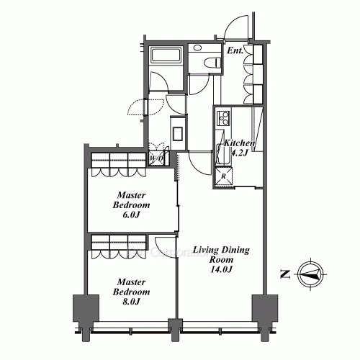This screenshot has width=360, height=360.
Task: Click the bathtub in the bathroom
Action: coord(166,55)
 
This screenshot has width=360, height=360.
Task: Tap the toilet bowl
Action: coord(212,63)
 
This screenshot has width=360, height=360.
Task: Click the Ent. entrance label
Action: coord(235,50)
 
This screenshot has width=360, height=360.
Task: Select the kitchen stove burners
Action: coord(223,118)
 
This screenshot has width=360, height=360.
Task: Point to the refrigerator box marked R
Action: coord(224,176)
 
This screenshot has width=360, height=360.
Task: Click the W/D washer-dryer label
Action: coord(157,158)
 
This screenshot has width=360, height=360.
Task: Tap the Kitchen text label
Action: coord(239,143)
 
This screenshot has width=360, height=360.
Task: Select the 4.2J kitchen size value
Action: coord(239,153)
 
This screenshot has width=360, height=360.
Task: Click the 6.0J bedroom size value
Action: coord(131,215)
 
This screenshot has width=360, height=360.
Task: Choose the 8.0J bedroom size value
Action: coord(131,302)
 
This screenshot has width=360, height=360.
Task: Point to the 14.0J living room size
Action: coord(221,269)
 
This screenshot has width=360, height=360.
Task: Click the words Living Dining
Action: coord(221,250)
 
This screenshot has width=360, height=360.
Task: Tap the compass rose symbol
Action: coord(310,274)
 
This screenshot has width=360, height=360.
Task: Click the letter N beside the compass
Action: coord(286,274)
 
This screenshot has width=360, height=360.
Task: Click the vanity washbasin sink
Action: coord(178,133)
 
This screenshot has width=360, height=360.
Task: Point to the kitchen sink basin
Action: coord(220,153)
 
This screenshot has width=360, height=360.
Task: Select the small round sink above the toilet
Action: coord(197,48)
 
